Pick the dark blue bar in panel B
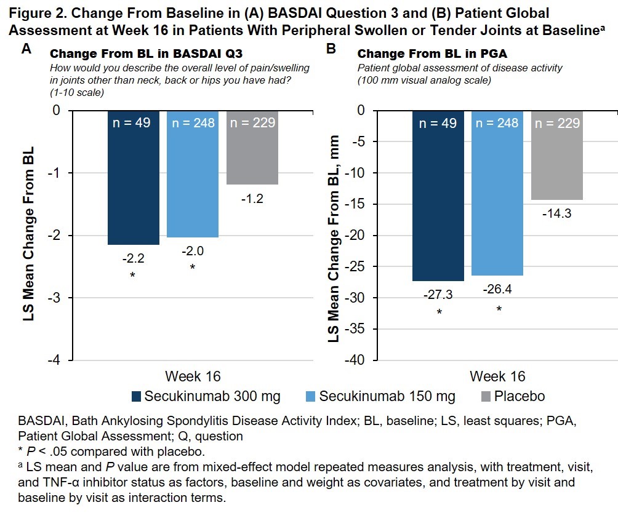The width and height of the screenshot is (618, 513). (438, 197)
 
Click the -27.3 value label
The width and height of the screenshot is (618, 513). (438, 295)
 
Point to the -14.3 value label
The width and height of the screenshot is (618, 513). (556, 213)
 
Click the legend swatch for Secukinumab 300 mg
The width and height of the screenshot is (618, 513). (136, 396)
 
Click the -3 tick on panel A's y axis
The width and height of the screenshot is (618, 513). (56, 298)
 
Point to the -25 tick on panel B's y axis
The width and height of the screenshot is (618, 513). (359, 267)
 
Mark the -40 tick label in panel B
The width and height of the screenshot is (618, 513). (359, 360)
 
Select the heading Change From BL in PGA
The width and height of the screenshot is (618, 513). (423, 54)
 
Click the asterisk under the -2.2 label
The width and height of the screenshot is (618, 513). (132, 275)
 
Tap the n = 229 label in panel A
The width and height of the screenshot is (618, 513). (252, 123)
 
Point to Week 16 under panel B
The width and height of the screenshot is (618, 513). (497, 376)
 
